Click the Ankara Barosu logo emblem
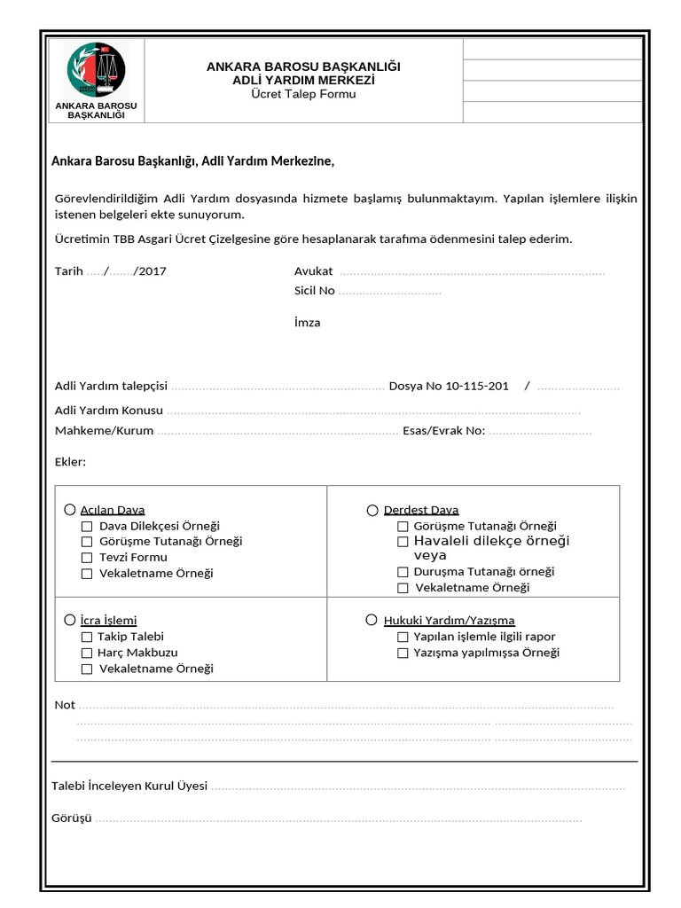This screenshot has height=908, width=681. pyautogui.click(x=96, y=71)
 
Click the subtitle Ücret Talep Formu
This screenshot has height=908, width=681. pyautogui.click(x=303, y=94)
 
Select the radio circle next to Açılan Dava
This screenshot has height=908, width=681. pyautogui.click(x=69, y=510)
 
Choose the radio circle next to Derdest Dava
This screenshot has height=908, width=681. pyautogui.click(x=372, y=510)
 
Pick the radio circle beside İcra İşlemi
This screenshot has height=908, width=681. pyautogui.click(x=69, y=620)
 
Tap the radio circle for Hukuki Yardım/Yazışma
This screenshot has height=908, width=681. pyautogui.click(x=372, y=620)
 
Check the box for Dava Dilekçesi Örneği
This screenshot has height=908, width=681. pyautogui.click(x=87, y=526)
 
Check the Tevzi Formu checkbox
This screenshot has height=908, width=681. pyautogui.click(x=87, y=558)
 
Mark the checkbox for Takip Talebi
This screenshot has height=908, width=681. pyautogui.click(x=87, y=637)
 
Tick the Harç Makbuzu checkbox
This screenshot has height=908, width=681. pyautogui.click(x=87, y=653)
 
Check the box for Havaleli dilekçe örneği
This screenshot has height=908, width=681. pyautogui.click(x=403, y=541)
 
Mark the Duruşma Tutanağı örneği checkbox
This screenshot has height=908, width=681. pyautogui.click(x=403, y=572)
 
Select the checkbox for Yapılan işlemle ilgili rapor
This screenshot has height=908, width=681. pyautogui.click(x=403, y=637)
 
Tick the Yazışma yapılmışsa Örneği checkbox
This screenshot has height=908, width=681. pyautogui.click(x=403, y=653)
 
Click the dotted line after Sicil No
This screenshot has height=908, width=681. pyautogui.click(x=390, y=292)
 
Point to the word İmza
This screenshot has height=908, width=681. pyautogui.click(x=307, y=323)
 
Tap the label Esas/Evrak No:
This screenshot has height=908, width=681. pyautogui.click(x=443, y=431)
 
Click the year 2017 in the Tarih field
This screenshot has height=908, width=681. pyautogui.click(x=152, y=271)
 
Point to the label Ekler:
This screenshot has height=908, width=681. pyautogui.click(x=70, y=463)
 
